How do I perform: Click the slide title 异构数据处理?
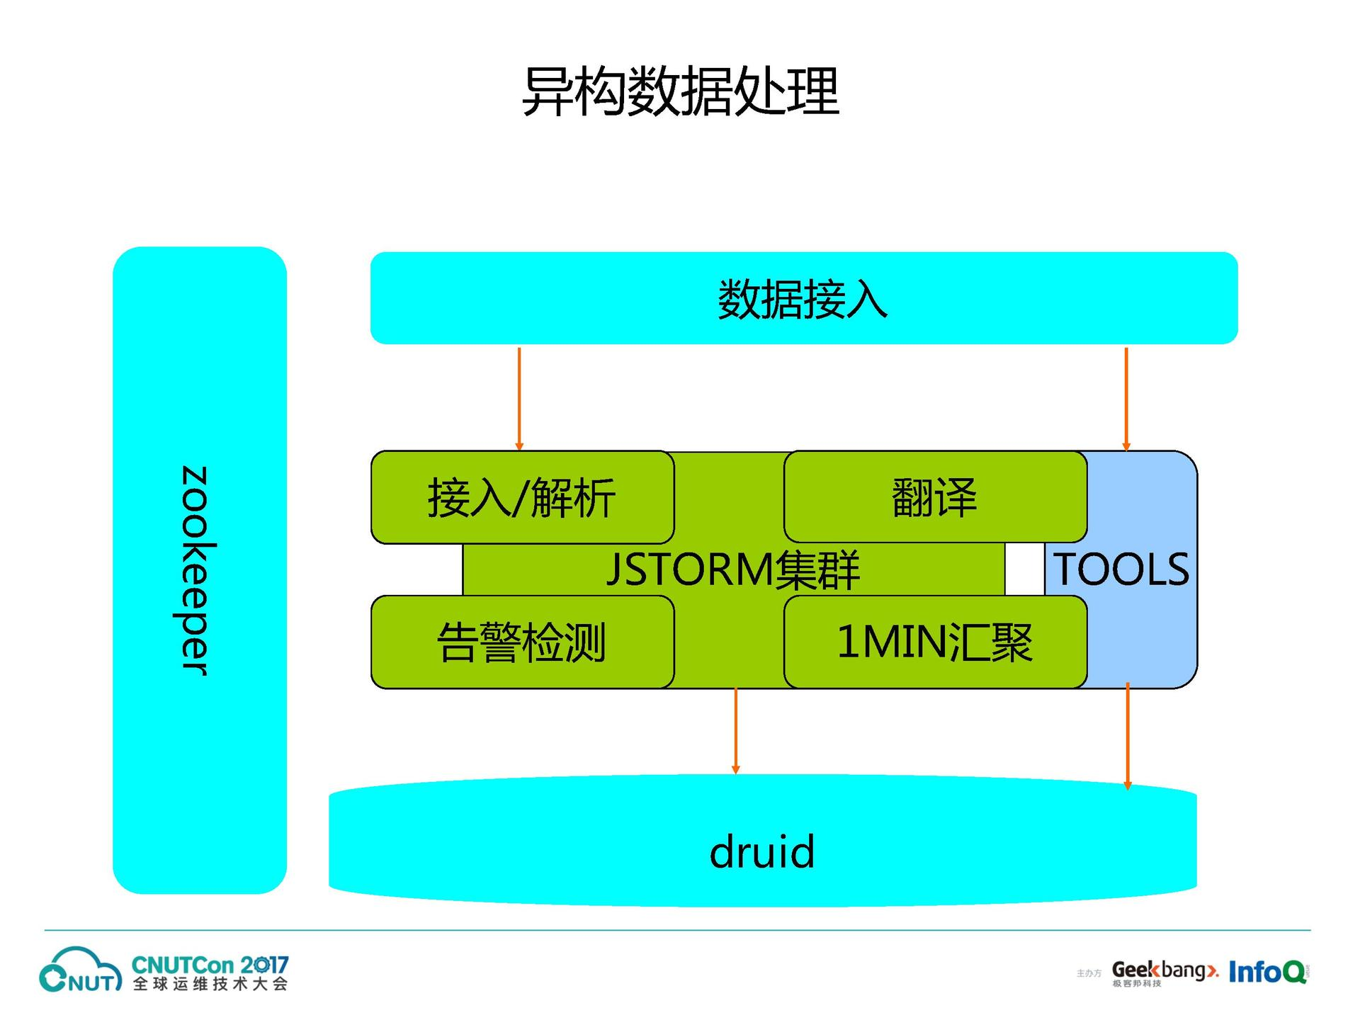click(x=680, y=91)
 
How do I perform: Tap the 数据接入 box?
click(x=803, y=299)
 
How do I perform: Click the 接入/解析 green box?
click(x=522, y=497)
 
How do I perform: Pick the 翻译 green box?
click(x=934, y=497)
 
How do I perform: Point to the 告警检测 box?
click(x=522, y=642)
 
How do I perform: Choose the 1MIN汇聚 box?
click(x=934, y=642)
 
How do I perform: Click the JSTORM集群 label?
click(x=733, y=569)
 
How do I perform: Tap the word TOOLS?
click(x=1121, y=569)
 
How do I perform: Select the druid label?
click(x=762, y=851)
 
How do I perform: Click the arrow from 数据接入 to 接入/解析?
click(x=519, y=398)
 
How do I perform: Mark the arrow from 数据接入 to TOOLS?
click(x=1126, y=398)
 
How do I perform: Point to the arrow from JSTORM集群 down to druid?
click(x=736, y=730)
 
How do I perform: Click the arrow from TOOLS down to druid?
click(x=1128, y=735)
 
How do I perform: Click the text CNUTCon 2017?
click(x=210, y=965)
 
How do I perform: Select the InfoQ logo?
click(x=1267, y=972)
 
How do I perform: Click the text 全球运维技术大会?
click(x=210, y=985)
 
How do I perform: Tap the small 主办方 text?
click(x=1089, y=974)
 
